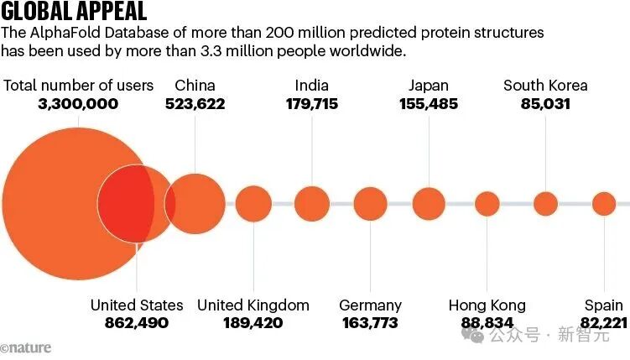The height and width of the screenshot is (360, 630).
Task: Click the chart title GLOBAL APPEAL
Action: click(x=74, y=12)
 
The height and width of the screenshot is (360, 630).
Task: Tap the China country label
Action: click(x=195, y=86)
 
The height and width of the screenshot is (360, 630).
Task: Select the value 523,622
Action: click(x=195, y=104)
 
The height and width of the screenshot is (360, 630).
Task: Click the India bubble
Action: click(x=312, y=204)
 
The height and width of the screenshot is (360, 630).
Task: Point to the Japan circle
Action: click(x=429, y=204)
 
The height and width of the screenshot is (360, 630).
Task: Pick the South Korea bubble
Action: click(x=546, y=204)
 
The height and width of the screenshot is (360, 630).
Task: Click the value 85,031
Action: click(x=545, y=104)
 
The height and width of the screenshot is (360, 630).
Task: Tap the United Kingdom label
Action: click(x=253, y=305)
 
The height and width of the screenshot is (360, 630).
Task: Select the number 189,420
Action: click(x=253, y=323)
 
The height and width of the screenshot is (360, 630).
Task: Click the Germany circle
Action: click(x=370, y=204)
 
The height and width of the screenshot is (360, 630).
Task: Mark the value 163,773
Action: click(x=370, y=323)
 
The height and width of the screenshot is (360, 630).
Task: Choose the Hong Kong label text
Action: click(x=487, y=305)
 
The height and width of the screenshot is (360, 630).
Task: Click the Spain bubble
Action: click(x=604, y=204)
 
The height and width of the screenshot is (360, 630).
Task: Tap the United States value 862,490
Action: click(x=137, y=323)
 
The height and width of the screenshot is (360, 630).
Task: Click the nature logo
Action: click(x=26, y=347)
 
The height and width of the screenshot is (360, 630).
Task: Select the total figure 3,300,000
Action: click(x=78, y=104)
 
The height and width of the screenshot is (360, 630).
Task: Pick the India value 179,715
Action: click(x=312, y=104)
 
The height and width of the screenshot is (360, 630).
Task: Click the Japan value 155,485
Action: click(x=429, y=104)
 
